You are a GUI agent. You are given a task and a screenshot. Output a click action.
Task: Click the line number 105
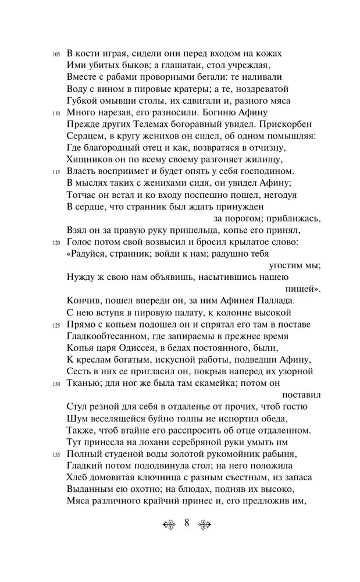click(56, 54)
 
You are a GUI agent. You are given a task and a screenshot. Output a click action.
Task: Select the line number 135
click(56, 456)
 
